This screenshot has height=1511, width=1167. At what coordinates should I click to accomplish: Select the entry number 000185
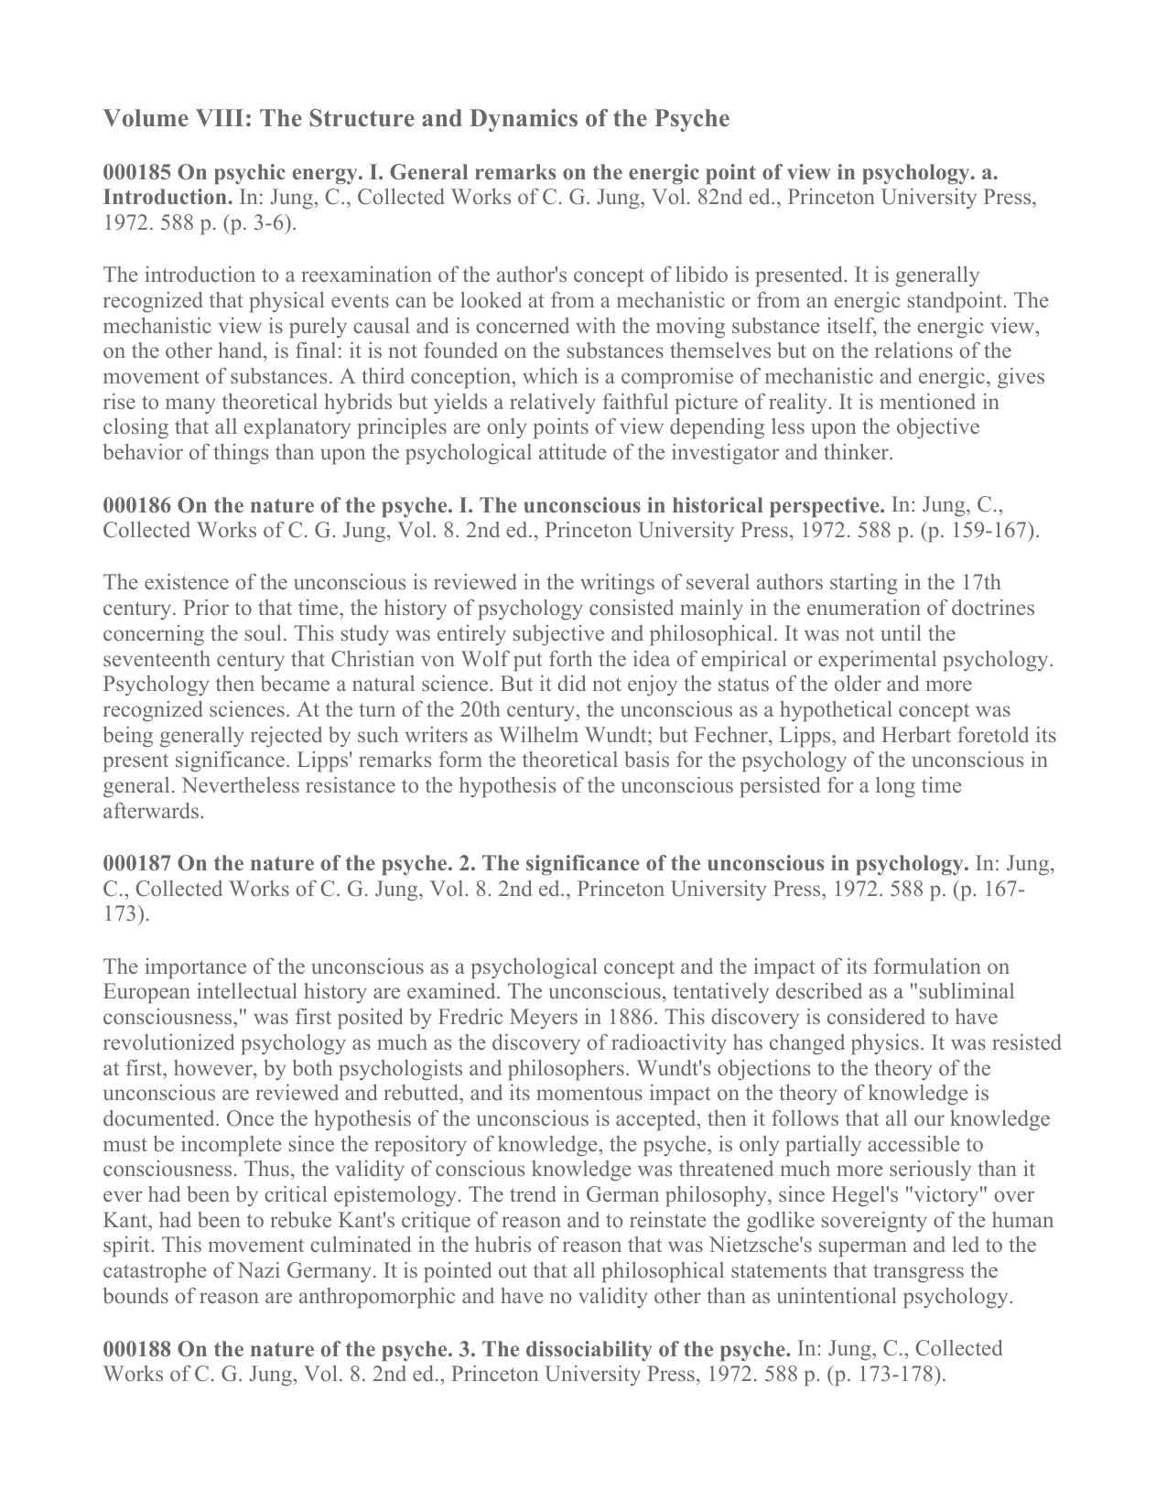pyautogui.click(x=136, y=172)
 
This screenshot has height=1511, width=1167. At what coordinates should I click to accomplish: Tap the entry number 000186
pyautogui.click(x=136, y=505)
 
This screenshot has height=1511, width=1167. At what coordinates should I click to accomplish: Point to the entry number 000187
pyautogui.click(x=136, y=863)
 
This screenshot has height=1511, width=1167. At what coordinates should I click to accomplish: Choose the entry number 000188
pyautogui.click(x=136, y=1348)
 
